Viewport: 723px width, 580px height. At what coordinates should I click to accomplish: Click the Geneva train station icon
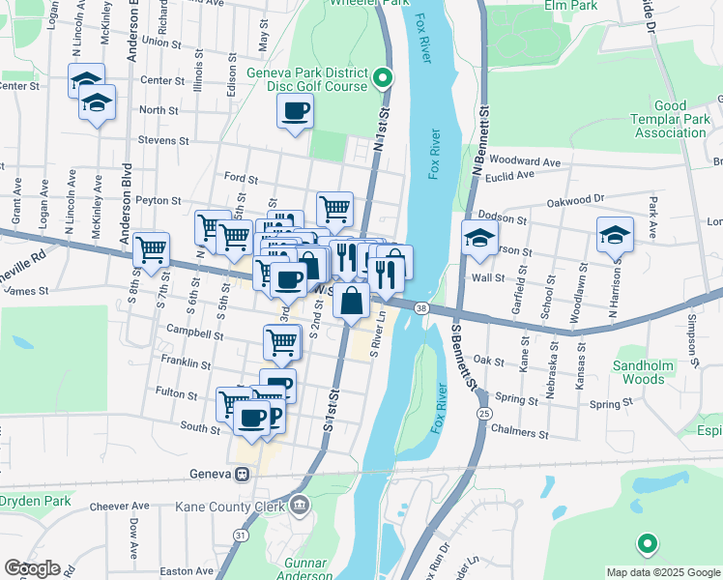[x=242, y=474]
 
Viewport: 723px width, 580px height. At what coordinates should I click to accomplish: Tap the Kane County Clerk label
[x=230, y=506]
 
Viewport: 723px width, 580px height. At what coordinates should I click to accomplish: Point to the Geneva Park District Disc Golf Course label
[x=307, y=79]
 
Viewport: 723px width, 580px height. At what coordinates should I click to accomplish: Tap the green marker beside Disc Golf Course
[x=383, y=78]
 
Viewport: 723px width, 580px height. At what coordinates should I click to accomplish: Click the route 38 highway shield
[x=421, y=308]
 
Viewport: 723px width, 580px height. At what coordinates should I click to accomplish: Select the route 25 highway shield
[x=481, y=414]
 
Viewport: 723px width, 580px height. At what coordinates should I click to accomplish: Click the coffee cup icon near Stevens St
[x=295, y=110]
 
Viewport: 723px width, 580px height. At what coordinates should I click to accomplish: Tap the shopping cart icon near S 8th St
[x=151, y=248]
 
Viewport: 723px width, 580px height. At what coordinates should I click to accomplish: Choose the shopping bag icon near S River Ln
[x=351, y=301]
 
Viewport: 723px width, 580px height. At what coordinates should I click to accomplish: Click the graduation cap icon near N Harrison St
[x=615, y=236]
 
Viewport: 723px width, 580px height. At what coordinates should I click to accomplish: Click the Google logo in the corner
[x=31, y=567]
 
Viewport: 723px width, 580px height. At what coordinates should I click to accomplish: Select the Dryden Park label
[x=36, y=501]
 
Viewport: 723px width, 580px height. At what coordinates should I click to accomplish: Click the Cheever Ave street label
[x=119, y=506]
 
